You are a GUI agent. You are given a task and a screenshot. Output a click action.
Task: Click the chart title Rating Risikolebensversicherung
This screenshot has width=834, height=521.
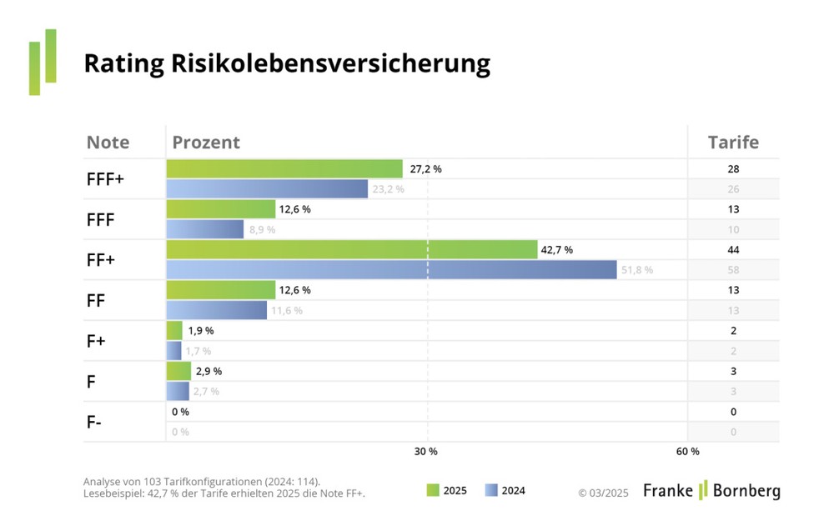click(x=286, y=64)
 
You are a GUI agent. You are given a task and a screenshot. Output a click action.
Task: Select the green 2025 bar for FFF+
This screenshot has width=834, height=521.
click(x=284, y=169)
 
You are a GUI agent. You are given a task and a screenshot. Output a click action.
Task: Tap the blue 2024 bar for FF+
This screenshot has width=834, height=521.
click(x=391, y=269)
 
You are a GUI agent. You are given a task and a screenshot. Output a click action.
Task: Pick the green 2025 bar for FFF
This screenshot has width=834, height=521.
click(x=220, y=209)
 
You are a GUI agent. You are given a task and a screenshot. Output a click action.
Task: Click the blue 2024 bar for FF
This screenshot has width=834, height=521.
click(x=216, y=310)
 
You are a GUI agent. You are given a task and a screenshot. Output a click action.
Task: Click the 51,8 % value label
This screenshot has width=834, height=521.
click(x=636, y=270)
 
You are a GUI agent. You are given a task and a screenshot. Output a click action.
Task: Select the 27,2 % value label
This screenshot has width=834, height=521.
click(x=425, y=169)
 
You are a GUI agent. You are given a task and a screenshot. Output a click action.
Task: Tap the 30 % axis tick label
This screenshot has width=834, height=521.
click(x=426, y=452)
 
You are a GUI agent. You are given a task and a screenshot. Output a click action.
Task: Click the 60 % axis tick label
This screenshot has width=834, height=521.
click(x=687, y=452)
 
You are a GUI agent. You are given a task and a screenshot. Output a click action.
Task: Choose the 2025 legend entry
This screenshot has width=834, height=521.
click(x=446, y=491)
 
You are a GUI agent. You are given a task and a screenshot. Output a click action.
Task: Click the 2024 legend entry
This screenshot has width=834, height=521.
click(x=505, y=491)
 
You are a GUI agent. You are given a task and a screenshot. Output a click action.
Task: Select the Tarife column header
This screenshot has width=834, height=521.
click(x=733, y=143)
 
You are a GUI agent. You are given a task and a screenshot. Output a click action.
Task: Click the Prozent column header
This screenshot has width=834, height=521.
click(x=206, y=143)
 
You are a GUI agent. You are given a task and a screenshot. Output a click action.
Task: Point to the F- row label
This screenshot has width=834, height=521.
click(x=94, y=422)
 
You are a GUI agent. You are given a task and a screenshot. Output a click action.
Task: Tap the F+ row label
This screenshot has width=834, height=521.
click(x=96, y=341)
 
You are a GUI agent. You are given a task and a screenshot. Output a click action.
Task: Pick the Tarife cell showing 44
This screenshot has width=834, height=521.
click(x=733, y=250)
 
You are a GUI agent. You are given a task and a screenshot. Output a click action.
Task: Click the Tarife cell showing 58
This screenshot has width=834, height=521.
click(x=733, y=270)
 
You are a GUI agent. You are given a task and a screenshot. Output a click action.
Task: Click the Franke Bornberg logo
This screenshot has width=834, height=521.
click(x=711, y=490)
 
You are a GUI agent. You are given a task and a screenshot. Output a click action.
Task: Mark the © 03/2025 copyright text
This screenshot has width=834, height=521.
click(x=605, y=492)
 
